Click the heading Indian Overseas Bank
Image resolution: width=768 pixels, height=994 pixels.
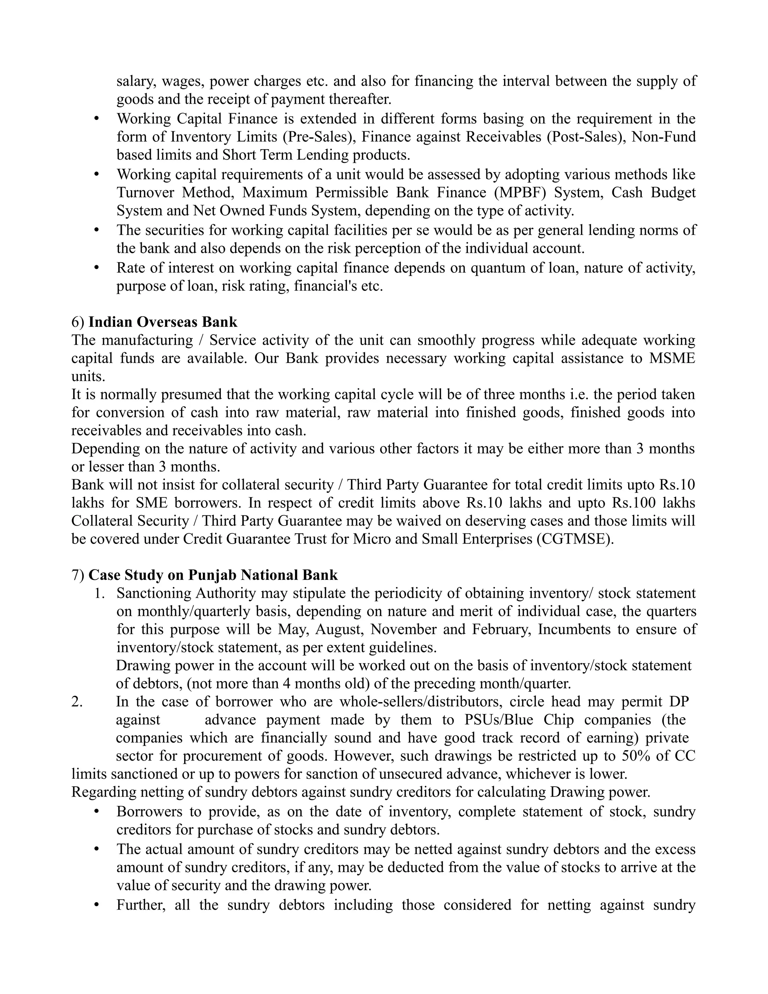pos(162,322)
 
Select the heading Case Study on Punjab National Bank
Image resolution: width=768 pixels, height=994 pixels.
pos(213,575)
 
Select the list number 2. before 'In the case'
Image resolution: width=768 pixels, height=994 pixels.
pos(77,701)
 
